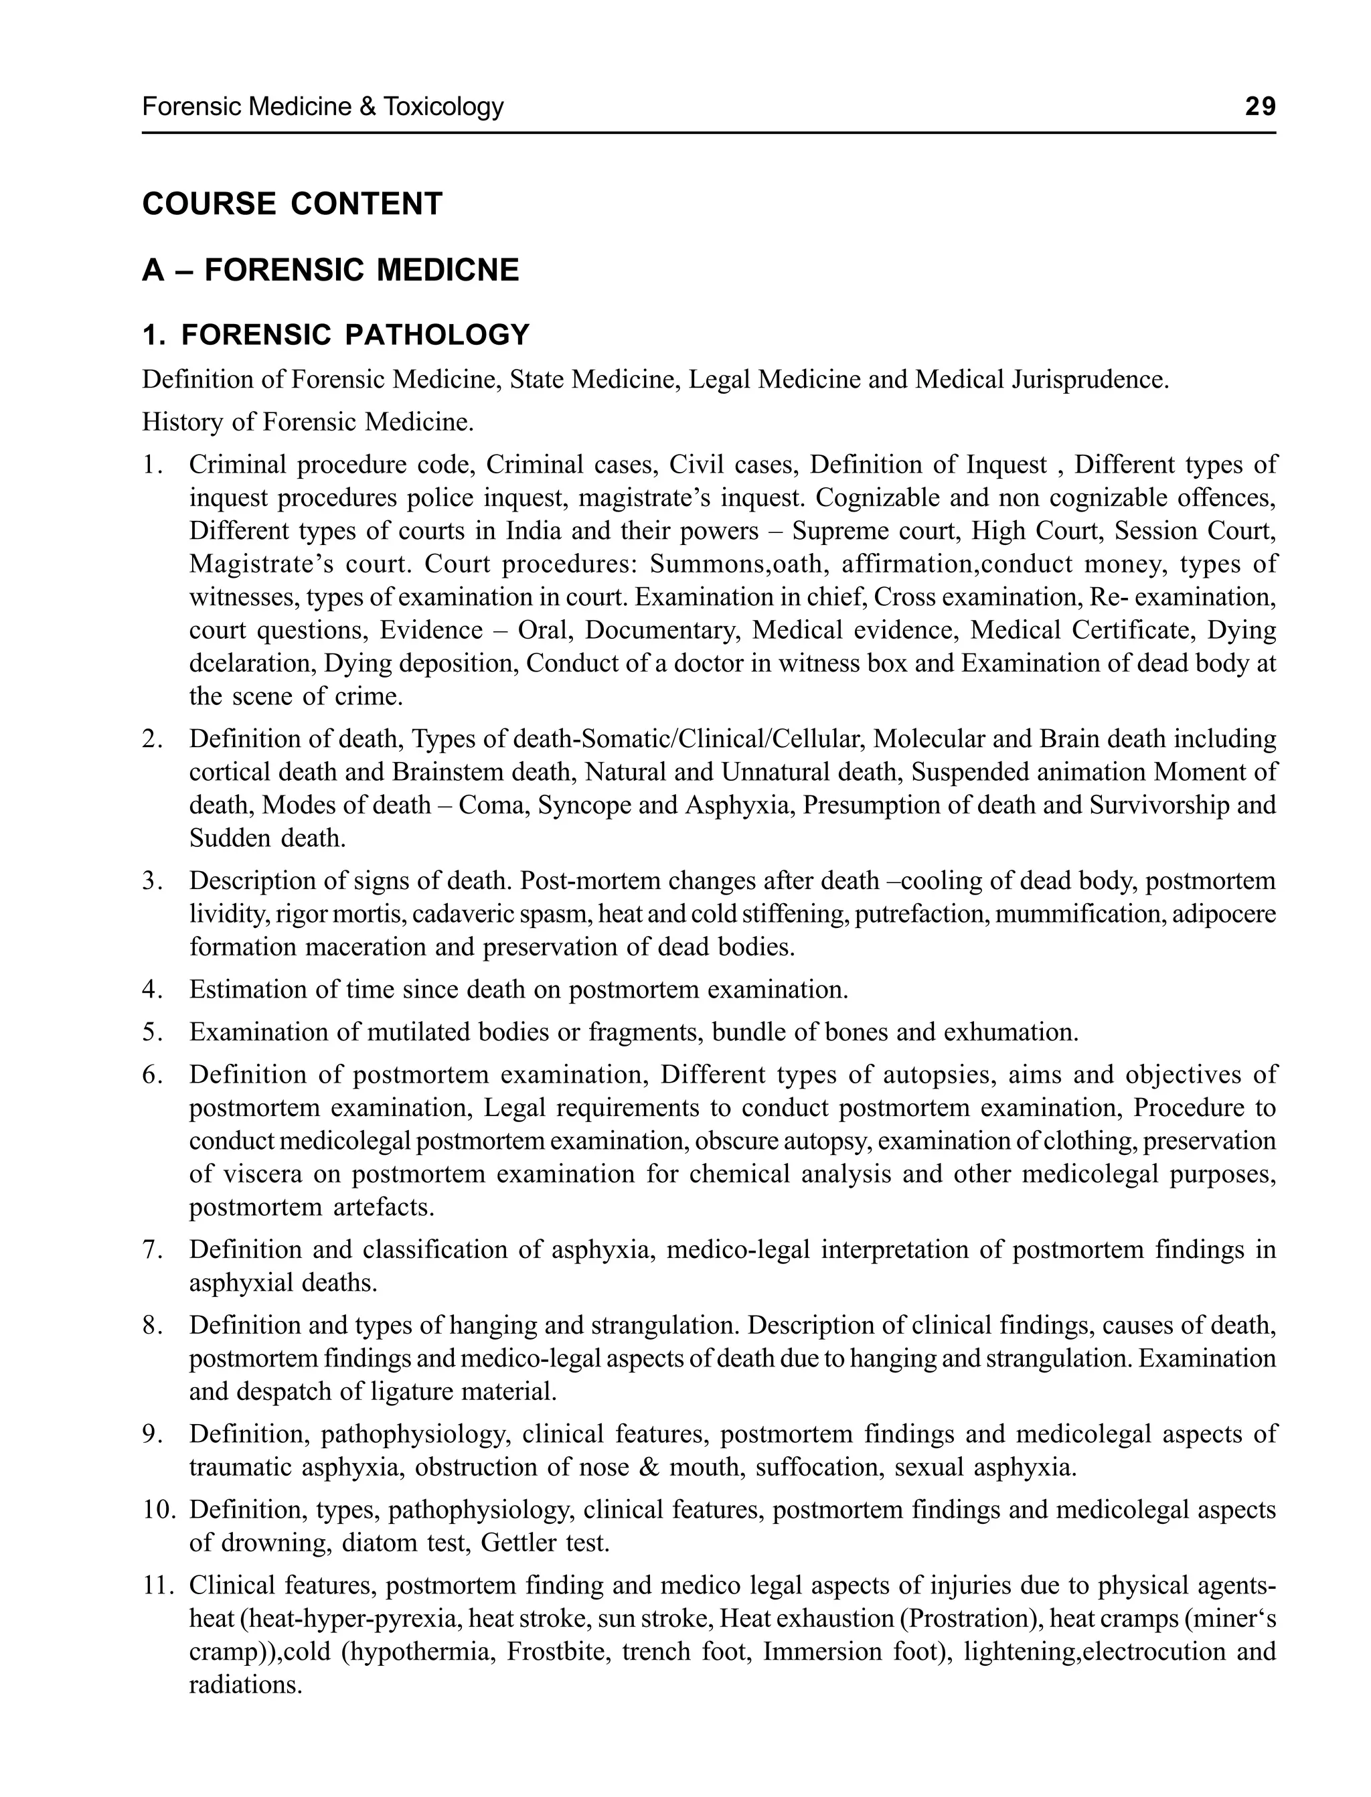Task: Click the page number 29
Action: (x=1259, y=107)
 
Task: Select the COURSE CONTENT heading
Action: (x=292, y=204)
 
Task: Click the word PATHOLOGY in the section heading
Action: (x=436, y=335)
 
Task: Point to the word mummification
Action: (x=1080, y=914)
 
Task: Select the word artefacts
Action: (x=384, y=1207)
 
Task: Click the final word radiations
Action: (x=246, y=1685)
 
